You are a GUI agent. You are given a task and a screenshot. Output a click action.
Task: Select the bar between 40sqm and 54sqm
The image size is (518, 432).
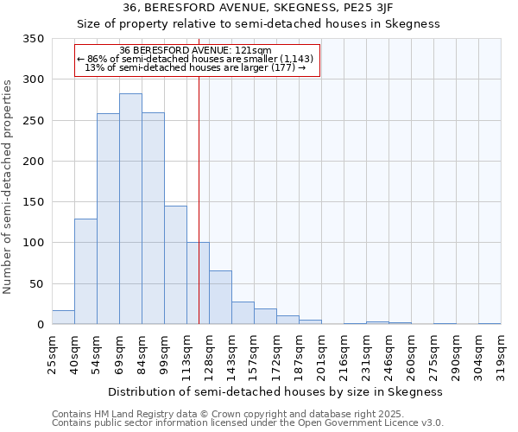coord(85,271)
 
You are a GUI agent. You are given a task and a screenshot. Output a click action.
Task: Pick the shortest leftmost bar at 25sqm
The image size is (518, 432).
coord(63,317)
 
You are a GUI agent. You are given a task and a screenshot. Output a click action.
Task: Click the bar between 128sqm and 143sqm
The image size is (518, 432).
coord(220,298)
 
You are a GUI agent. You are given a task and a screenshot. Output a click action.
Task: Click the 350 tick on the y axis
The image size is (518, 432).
coord(32,39)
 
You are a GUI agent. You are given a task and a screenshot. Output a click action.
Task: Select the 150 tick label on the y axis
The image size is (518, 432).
coord(32,202)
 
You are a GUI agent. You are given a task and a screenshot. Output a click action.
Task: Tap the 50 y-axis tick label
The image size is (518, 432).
coord(35,284)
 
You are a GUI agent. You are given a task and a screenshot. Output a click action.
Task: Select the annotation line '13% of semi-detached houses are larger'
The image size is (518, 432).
coord(195,67)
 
